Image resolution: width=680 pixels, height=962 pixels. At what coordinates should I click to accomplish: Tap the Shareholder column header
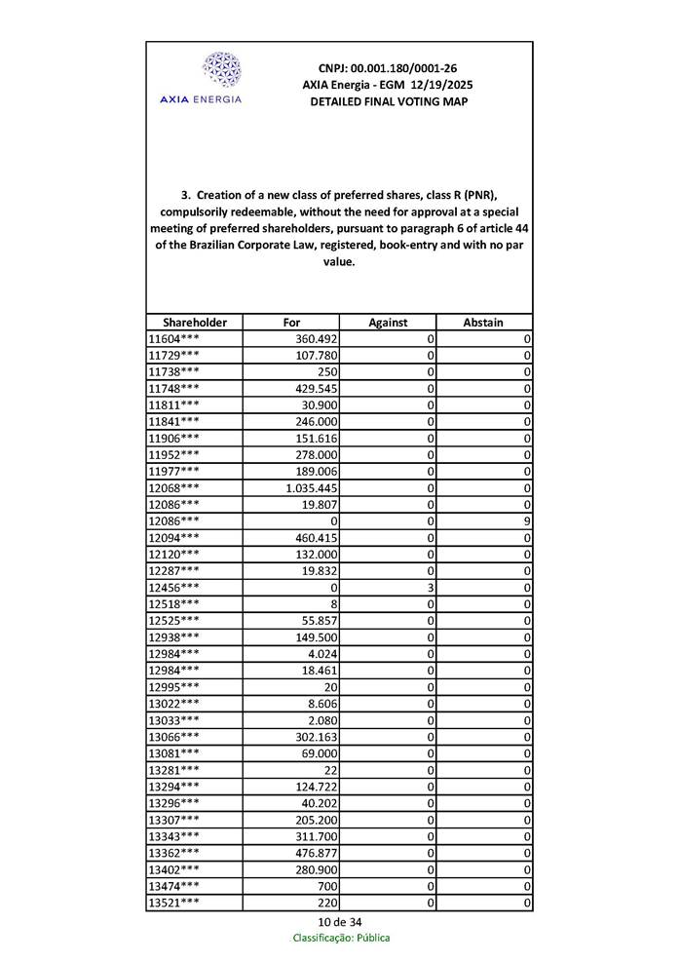pyautogui.click(x=195, y=323)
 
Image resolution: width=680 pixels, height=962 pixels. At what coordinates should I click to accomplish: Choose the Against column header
pyautogui.click(x=388, y=323)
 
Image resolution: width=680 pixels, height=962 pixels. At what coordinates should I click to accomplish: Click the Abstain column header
pyautogui.click(x=483, y=323)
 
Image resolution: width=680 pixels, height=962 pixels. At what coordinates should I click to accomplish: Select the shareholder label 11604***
pyautogui.click(x=174, y=339)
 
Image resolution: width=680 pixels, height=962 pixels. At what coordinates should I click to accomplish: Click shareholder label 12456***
pyautogui.click(x=174, y=588)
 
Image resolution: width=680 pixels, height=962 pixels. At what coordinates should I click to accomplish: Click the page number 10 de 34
pyautogui.click(x=340, y=922)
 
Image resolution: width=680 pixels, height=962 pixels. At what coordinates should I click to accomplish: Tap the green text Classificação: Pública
pyautogui.click(x=341, y=938)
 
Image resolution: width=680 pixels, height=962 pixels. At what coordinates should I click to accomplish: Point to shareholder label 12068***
pyautogui.click(x=174, y=487)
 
